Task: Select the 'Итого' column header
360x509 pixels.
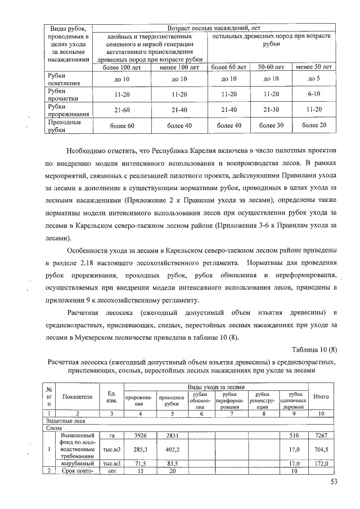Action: pyautogui.click(x=321, y=397)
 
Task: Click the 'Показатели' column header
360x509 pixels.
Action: pyautogui.click(x=77, y=397)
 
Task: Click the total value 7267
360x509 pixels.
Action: pyautogui.click(x=321, y=435)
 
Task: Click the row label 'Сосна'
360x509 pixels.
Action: pyautogui.click(x=54, y=427)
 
